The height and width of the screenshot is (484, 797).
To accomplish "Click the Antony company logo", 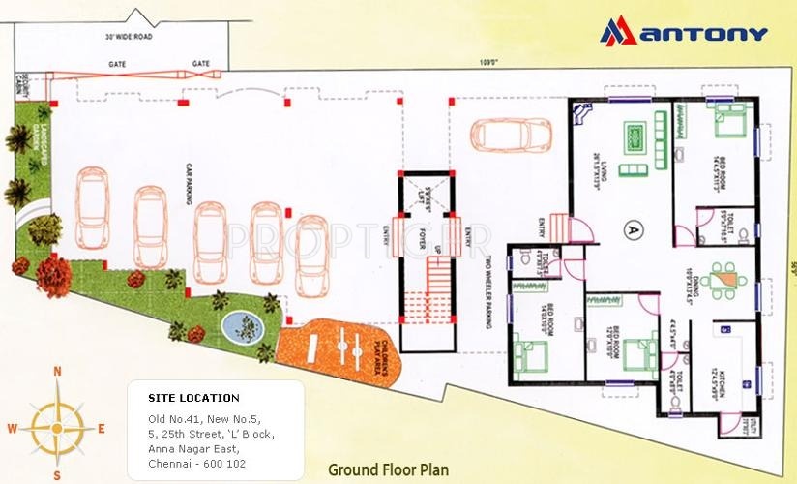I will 684,32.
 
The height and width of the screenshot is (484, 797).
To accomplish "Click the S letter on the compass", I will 57,475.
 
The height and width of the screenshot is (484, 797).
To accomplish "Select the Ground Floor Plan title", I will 388,470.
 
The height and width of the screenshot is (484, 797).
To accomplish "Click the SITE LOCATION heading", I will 193,398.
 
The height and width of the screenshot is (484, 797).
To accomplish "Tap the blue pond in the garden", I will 235,322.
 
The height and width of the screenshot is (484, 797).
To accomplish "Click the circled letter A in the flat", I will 632,229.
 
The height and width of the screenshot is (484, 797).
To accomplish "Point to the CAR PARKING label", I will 179,183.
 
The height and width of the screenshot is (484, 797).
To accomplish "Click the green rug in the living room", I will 635,137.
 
